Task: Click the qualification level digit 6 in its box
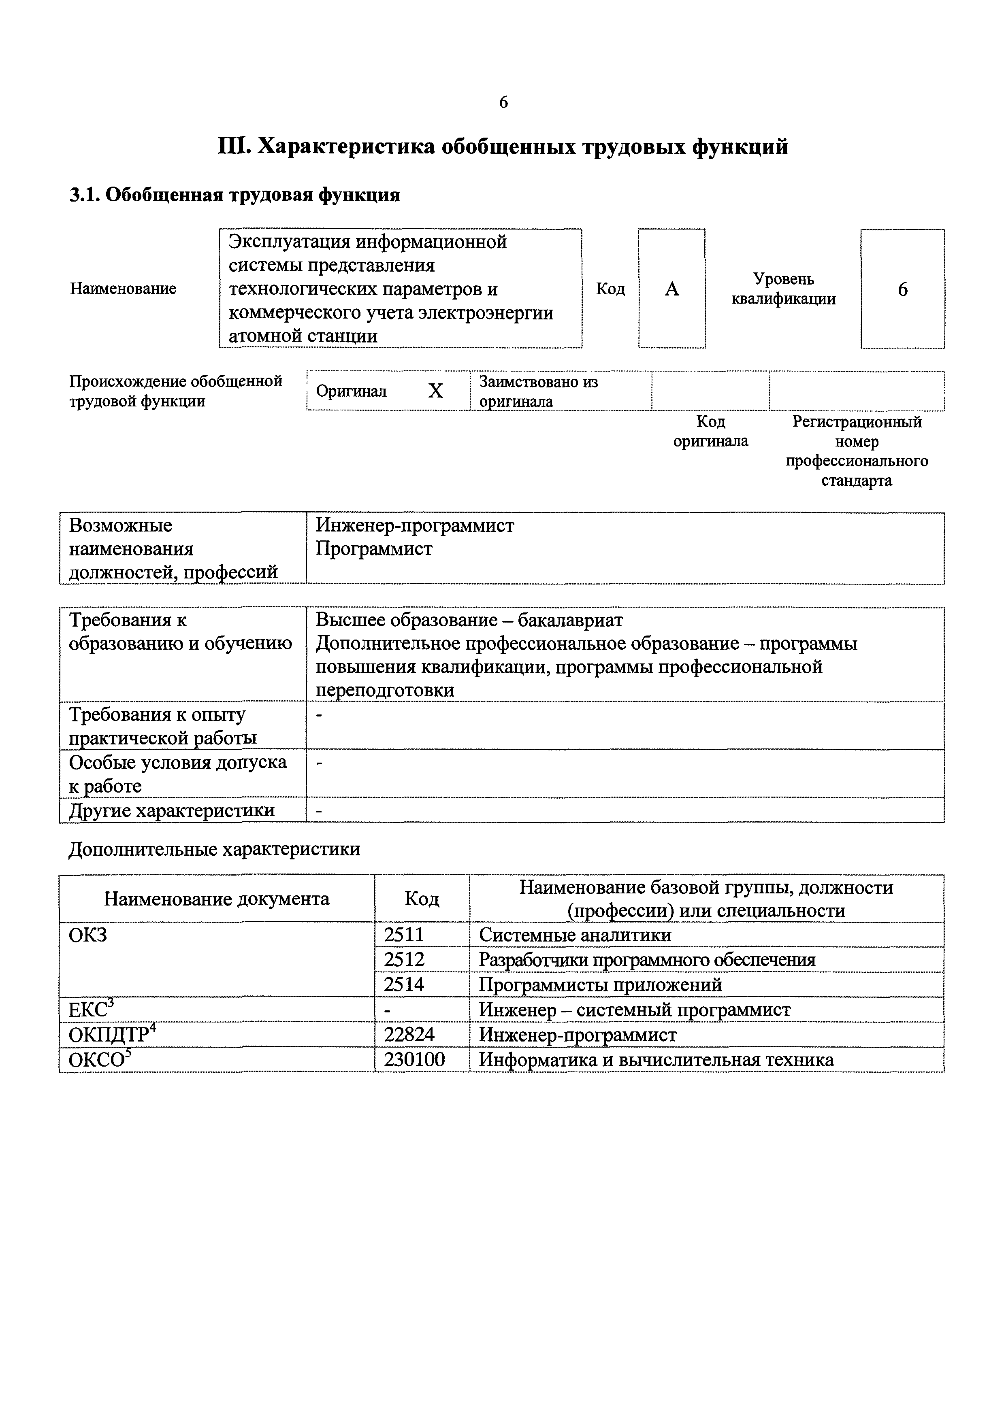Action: (x=903, y=289)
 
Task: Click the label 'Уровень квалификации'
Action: (x=783, y=289)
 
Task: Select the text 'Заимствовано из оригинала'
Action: (x=538, y=391)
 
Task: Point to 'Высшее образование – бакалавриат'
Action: (x=469, y=620)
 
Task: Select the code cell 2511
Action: (x=404, y=935)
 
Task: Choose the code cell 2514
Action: (x=404, y=984)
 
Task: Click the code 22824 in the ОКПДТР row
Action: (x=409, y=1034)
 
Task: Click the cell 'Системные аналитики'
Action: (x=575, y=935)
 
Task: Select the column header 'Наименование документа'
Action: (x=217, y=899)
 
